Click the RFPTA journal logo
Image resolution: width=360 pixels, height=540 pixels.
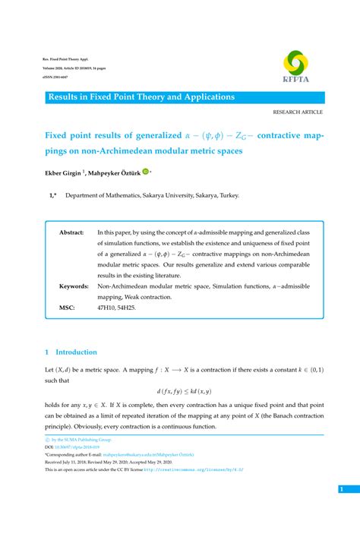(x=295, y=66)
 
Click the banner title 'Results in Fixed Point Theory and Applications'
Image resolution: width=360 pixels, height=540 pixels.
(x=141, y=97)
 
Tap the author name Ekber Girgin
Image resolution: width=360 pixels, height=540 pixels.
(x=62, y=172)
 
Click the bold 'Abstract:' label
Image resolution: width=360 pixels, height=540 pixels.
(x=71, y=232)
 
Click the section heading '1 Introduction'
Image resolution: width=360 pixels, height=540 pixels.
(x=71, y=352)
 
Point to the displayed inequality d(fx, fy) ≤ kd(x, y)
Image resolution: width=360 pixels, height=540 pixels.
(x=184, y=391)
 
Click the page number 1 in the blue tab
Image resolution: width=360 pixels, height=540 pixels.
(x=343, y=490)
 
